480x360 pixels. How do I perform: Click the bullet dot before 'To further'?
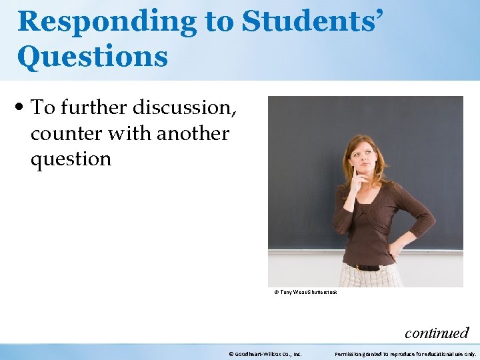click(x=23, y=107)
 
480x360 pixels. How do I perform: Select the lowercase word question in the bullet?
click(x=71, y=159)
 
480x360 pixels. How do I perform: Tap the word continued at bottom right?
click(x=437, y=333)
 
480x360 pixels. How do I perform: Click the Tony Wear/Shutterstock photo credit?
click(x=306, y=292)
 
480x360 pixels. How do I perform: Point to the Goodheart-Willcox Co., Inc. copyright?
click(x=265, y=353)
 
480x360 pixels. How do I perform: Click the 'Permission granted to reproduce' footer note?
click(x=405, y=353)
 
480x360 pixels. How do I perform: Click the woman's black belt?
click(x=367, y=267)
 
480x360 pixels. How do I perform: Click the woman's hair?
click(x=373, y=150)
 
